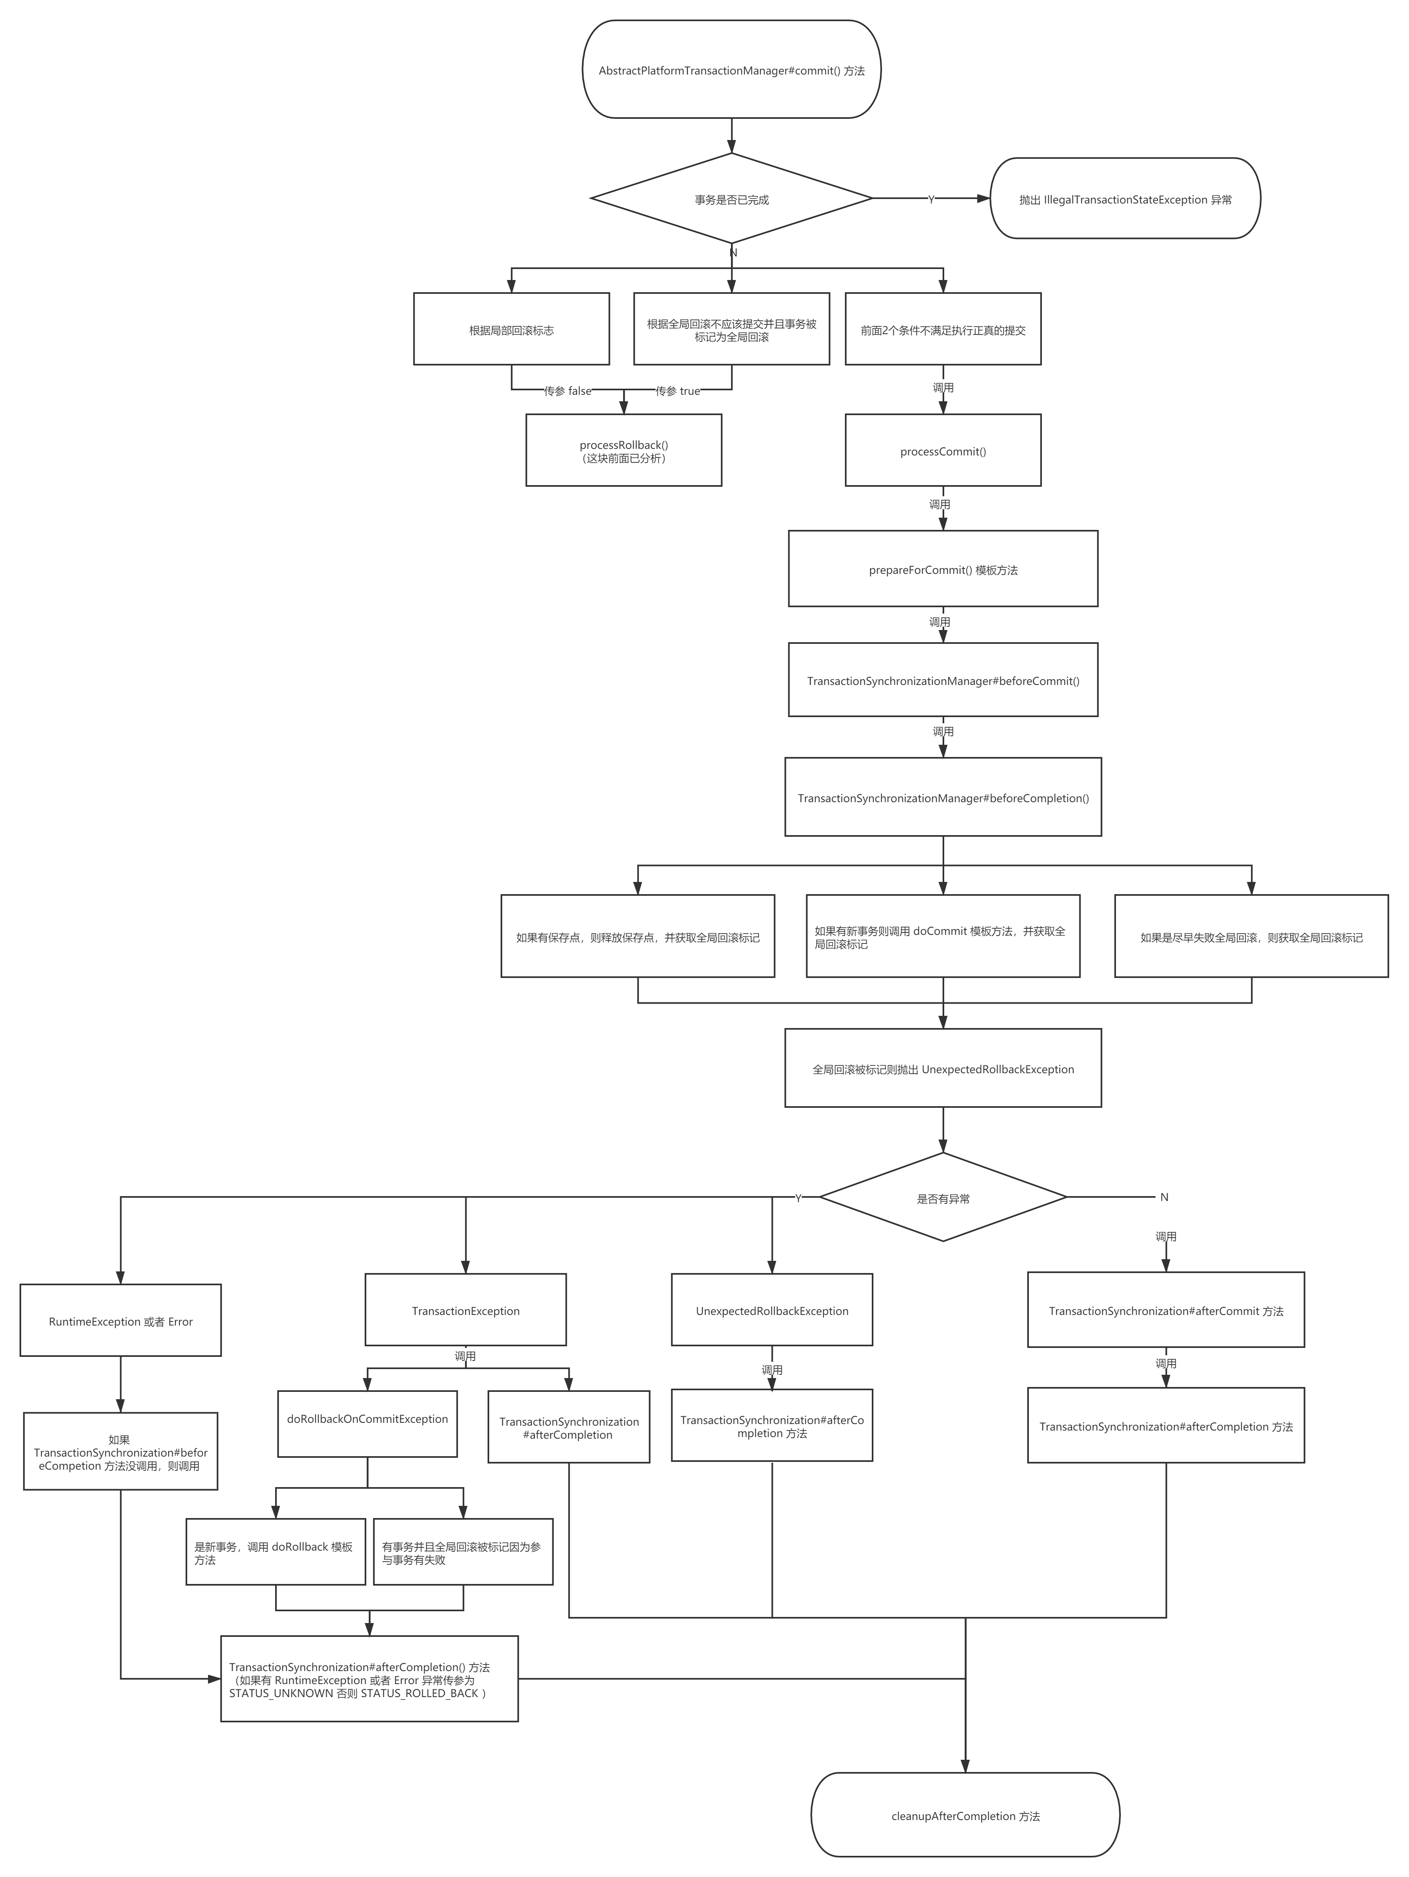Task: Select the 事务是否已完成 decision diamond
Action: (x=731, y=199)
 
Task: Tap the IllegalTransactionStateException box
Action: (x=1125, y=199)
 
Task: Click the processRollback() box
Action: (x=624, y=451)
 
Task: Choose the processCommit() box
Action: (x=943, y=451)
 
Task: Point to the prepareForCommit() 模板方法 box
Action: (x=943, y=569)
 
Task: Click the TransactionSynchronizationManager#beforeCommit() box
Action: (x=943, y=680)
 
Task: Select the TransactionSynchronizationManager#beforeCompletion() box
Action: (x=943, y=798)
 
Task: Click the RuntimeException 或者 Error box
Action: (x=120, y=1321)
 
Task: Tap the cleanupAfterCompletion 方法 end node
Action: (x=965, y=1816)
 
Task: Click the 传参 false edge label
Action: (x=568, y=390)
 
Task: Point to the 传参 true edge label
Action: (x=677, y=390)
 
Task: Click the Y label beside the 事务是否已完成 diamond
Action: (x=931, y=199)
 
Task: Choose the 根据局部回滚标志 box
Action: (x=511, y=330)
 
